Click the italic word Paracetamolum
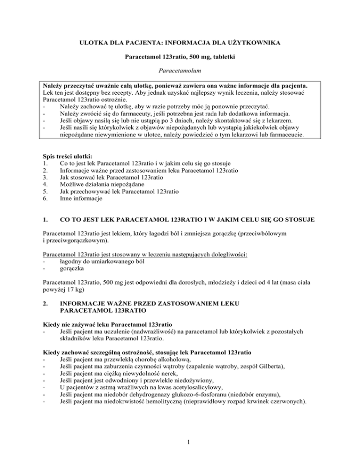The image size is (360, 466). [180, 75]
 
